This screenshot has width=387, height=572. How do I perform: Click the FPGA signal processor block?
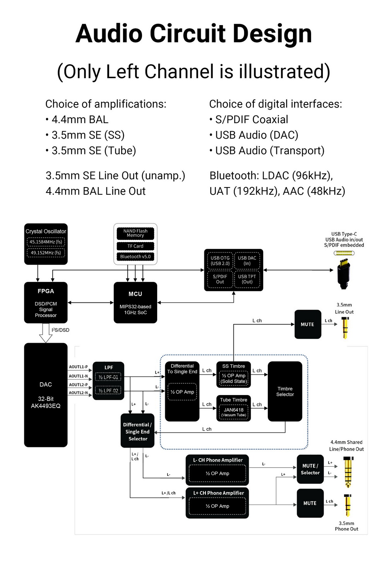[46, 302]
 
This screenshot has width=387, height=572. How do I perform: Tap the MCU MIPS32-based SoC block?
[135, 302]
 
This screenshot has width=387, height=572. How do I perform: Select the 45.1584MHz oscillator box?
[46, 242]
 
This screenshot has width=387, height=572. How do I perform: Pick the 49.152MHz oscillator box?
[46, 253]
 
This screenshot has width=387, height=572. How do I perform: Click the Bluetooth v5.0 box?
[135, 256]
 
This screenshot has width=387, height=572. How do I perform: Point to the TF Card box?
[135, 246]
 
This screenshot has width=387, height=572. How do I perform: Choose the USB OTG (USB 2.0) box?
[220, 261]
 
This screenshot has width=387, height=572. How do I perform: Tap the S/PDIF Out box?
[220, 279]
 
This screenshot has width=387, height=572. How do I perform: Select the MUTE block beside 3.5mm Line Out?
[308, 325]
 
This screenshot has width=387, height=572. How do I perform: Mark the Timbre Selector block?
[285, 392]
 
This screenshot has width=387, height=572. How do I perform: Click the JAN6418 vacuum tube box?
[234, 412]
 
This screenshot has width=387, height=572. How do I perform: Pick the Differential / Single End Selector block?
[137, 431]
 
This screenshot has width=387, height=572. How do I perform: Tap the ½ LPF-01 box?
[108, 377]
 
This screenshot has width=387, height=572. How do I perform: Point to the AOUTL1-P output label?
[78, 367]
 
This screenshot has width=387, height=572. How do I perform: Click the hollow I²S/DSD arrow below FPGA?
[46, 333]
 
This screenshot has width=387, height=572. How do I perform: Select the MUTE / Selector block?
[310, 469]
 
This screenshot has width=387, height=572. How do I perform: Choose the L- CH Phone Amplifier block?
[217, 470]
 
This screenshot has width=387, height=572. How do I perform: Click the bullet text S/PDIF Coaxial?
[252, 120]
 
